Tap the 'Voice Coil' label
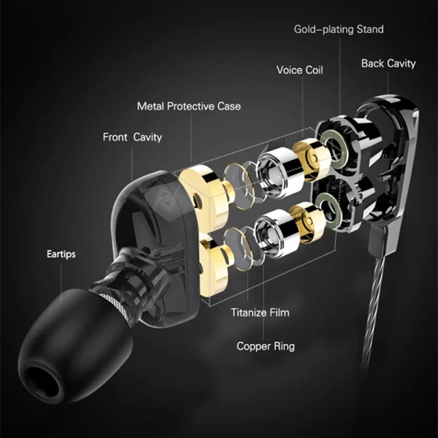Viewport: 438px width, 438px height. click(299, 70)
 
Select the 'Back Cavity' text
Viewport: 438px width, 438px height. click(388, 64)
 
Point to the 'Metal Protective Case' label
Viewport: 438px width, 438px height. click(188, 107)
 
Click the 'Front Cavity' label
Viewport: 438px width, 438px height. click(132, 137)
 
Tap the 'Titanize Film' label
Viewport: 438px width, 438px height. click(260, 312)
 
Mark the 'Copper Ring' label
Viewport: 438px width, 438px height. click(265, 346)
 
